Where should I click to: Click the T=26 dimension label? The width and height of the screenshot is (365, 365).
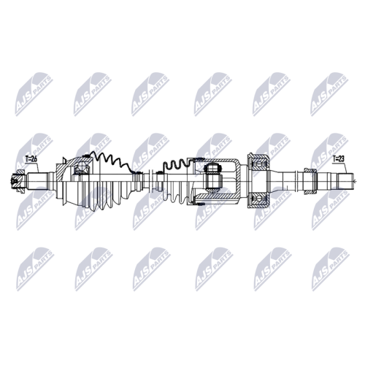pyautogui.click(x=31, y=159)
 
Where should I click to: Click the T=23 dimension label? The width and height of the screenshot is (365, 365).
pyautogui.click(x=339, y=159)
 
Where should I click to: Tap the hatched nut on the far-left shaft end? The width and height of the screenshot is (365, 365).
pyautogui.click(x=18, y=182)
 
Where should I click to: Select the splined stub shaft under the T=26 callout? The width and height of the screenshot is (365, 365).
pyautogui.click(x=37, y=182)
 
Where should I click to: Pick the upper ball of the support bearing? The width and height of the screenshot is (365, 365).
pyautogui.click(x=258, y=165)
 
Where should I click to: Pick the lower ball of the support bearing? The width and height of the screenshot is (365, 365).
pyautogui.click(x=258, y=199)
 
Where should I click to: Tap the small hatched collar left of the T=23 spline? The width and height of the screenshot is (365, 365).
pyautogui.click(x=310, y=181)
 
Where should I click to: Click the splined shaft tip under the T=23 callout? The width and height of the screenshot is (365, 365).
pyautogui.click(x=345, y=181)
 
